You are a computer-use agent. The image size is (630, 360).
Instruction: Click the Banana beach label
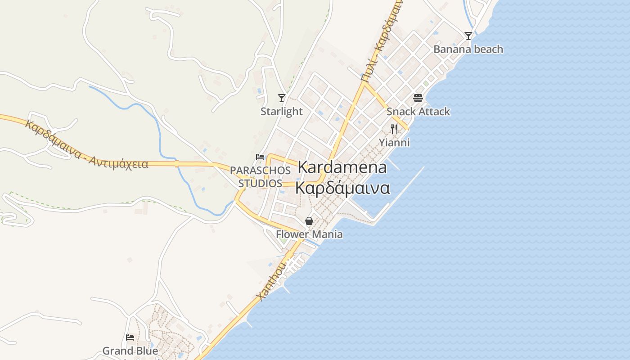pyautogui.click(x=468, y=49)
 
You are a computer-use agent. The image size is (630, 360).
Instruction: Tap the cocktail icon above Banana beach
pyautogui.click(x=468, y=36)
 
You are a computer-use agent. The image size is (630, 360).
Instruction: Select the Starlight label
pyautogui.click(x=282, y=111)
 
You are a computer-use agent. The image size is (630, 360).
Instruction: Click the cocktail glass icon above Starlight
pyautogui.click(x=282, y=98)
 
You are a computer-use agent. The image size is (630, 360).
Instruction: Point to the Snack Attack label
pyautogui.click(x=418, y=111)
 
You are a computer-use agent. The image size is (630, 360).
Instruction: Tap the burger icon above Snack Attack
pyautogui.click(x=418, y=98)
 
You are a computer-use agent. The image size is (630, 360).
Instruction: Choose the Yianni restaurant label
pyautogui.click(x=394, y=143)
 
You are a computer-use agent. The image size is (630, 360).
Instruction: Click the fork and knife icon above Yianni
pyautogui.click(x=394, y=130)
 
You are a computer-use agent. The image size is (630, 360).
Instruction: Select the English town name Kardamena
pyautogui.click(x=342, y=167)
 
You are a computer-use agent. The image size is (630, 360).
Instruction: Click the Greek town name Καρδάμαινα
pyautogui.click(x=342, y=188)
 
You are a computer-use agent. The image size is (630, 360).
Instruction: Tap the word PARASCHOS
pyautogui.click(x=260, y=171)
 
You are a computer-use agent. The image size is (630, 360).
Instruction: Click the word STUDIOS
pyautogui.click(x=260, y=184)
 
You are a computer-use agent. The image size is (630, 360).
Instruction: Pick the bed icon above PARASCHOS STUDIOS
pyautogui.click(x=260, y=157)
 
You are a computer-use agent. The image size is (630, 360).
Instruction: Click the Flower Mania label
pyautogui.click(x=309, y=234)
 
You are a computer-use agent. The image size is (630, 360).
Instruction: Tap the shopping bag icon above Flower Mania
pyautogui.click(x=309, y=221)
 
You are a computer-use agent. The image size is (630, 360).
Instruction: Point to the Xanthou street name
pyautogui.click(x=271, y=282)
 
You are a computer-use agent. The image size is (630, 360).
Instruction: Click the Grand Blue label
pyautogui.click(x=130, y=351)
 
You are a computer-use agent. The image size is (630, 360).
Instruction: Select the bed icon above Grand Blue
pyautogui.click(x=130, y=337)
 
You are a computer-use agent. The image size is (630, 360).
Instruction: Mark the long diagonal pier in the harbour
pyautogui.click(x=400, y=191)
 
